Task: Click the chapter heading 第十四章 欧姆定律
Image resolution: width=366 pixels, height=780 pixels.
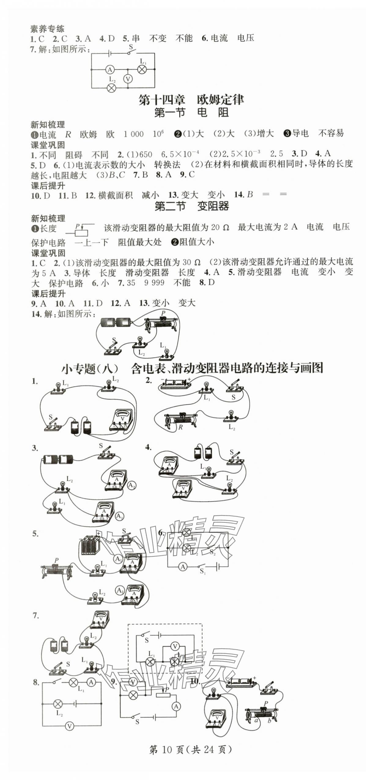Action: pos(191,100)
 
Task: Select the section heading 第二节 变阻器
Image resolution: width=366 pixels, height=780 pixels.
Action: pos(191,206)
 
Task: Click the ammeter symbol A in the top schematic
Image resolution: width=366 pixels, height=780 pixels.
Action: pos(109,70)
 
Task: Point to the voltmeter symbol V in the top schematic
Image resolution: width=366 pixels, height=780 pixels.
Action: pos(128,79)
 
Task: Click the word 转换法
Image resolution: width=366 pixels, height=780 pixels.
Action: pos(167,165)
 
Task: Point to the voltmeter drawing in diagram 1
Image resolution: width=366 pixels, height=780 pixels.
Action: pos(122,419)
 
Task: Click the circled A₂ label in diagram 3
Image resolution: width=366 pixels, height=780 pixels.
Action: pos(131,485)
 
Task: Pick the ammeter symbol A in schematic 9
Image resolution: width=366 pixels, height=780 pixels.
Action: pos(176,706)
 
